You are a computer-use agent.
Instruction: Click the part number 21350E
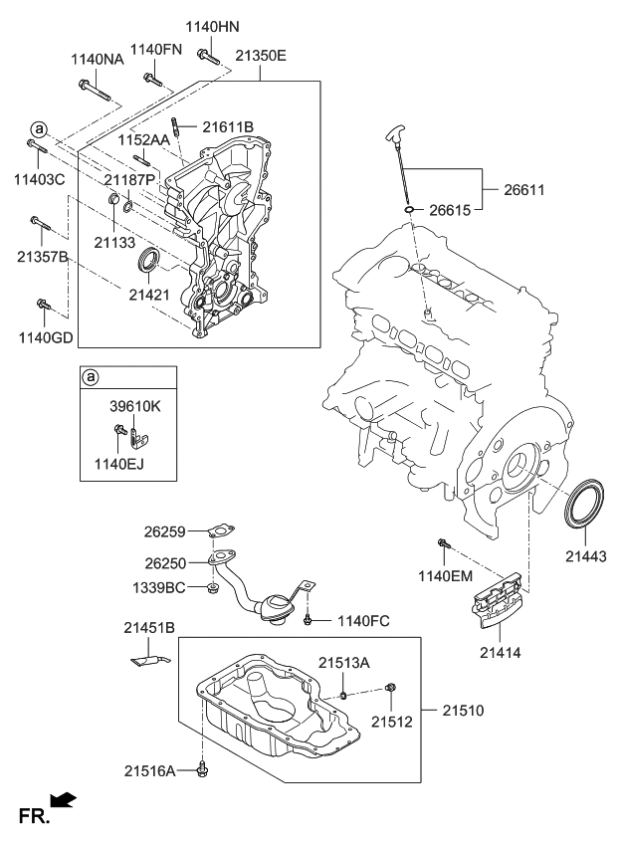(260, 57)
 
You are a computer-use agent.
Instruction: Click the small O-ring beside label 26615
(409, 211)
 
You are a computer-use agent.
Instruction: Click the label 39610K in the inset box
(134, 406)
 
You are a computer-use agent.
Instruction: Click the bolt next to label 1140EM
(444, 543)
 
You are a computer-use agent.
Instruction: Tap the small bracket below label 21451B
(146, 657)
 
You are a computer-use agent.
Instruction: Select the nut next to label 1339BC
(212, 589)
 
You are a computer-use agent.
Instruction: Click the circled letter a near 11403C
(38, 129)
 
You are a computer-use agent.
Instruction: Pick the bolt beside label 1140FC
(310, 621)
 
